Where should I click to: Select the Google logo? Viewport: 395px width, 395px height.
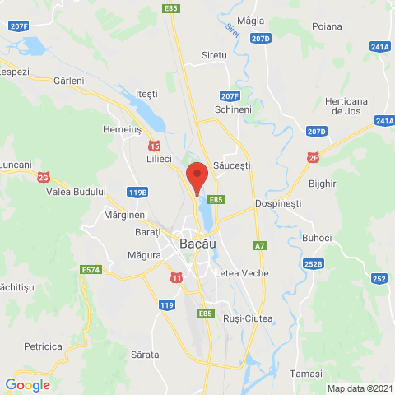coord(27,384)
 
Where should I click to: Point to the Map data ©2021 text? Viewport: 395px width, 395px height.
coord(359,388)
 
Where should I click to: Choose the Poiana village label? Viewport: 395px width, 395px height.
coord(327,27)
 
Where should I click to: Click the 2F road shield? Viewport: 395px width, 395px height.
coord(313,157)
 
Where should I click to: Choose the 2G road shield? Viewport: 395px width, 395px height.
coord(44,177)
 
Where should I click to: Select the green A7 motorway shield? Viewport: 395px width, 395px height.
coord(260,245)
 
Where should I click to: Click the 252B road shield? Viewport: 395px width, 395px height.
coord(312,264)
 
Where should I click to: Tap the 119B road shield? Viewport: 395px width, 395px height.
coord(138,193)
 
